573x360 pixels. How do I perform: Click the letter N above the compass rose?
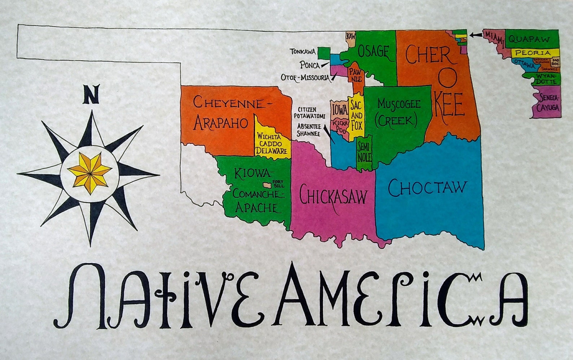91,95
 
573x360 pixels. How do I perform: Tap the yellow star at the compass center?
89,172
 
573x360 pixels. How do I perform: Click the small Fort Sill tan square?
267,185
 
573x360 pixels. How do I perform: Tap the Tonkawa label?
303,52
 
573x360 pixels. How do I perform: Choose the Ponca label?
310,65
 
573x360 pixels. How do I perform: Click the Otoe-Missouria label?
305,77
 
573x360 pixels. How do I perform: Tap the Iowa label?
339,109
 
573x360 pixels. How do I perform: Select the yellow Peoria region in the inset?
532,53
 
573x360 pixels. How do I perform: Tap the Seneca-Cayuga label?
548,102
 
